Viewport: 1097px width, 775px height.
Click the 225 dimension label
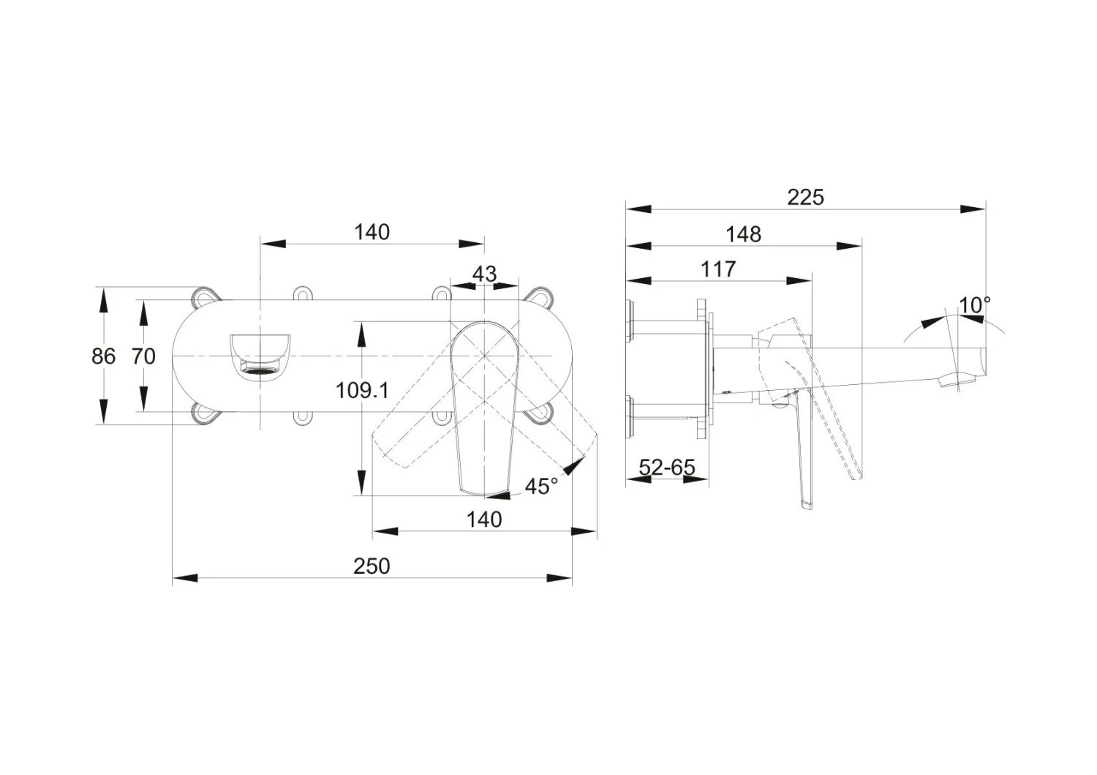click(x=805, y=197)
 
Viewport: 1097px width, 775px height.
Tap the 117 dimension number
click(x=718, y=269)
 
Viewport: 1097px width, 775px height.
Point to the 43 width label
click(x=484, y=274)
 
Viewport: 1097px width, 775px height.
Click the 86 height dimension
click(x=104, y=356)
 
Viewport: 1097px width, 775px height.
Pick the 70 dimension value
click(x=143, y=356)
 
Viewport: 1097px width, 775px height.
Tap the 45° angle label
click(x=541, y=486)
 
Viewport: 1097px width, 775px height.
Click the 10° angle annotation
click(x=975, y=305)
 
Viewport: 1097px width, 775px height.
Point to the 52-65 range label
click(x=667, y=467)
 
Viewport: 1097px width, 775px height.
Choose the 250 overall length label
click(x=372, y=566)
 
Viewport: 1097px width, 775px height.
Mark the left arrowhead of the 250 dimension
click(x=185, y=578)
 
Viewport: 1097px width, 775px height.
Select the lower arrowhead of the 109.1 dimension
click(x=361, y=484)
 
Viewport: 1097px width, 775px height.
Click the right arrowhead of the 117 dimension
click(x=800, y=280)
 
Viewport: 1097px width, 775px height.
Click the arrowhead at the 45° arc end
click(x=577, y=465)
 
